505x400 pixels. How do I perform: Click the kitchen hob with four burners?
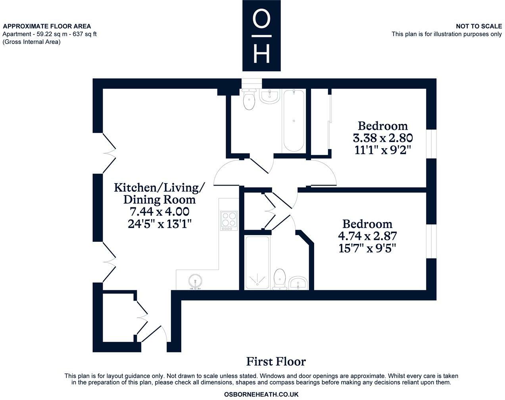tap(229, 220)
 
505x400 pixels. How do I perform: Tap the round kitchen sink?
tap(195, 281)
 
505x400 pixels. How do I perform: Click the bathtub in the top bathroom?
tap(294, 121)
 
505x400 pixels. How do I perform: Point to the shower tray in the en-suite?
tap(257, 262)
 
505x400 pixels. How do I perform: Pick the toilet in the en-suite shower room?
tap(280, 279)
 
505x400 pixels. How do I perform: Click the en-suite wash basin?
tap(298, 283)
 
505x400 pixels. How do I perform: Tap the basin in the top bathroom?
tap(270, 96)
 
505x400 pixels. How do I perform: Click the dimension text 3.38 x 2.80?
tap(383, 138)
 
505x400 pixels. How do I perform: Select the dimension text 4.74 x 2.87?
tap(367, 236)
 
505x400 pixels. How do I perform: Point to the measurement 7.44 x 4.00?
tap(159, 212)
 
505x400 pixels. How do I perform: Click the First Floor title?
tap(276, 362)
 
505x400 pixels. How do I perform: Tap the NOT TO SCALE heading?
tap(479, 26)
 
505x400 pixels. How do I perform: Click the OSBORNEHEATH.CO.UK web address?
tap(261, 394)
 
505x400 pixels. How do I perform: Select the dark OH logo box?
tap(261, 35)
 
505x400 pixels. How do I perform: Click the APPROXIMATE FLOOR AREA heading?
tap(47, 26)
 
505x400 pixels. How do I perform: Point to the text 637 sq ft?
tap(84, 34)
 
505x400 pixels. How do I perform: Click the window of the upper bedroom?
tap(431, 144)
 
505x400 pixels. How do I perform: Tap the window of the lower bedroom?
tap(431, 241)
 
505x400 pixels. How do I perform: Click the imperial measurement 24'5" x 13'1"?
tap(159, 224)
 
